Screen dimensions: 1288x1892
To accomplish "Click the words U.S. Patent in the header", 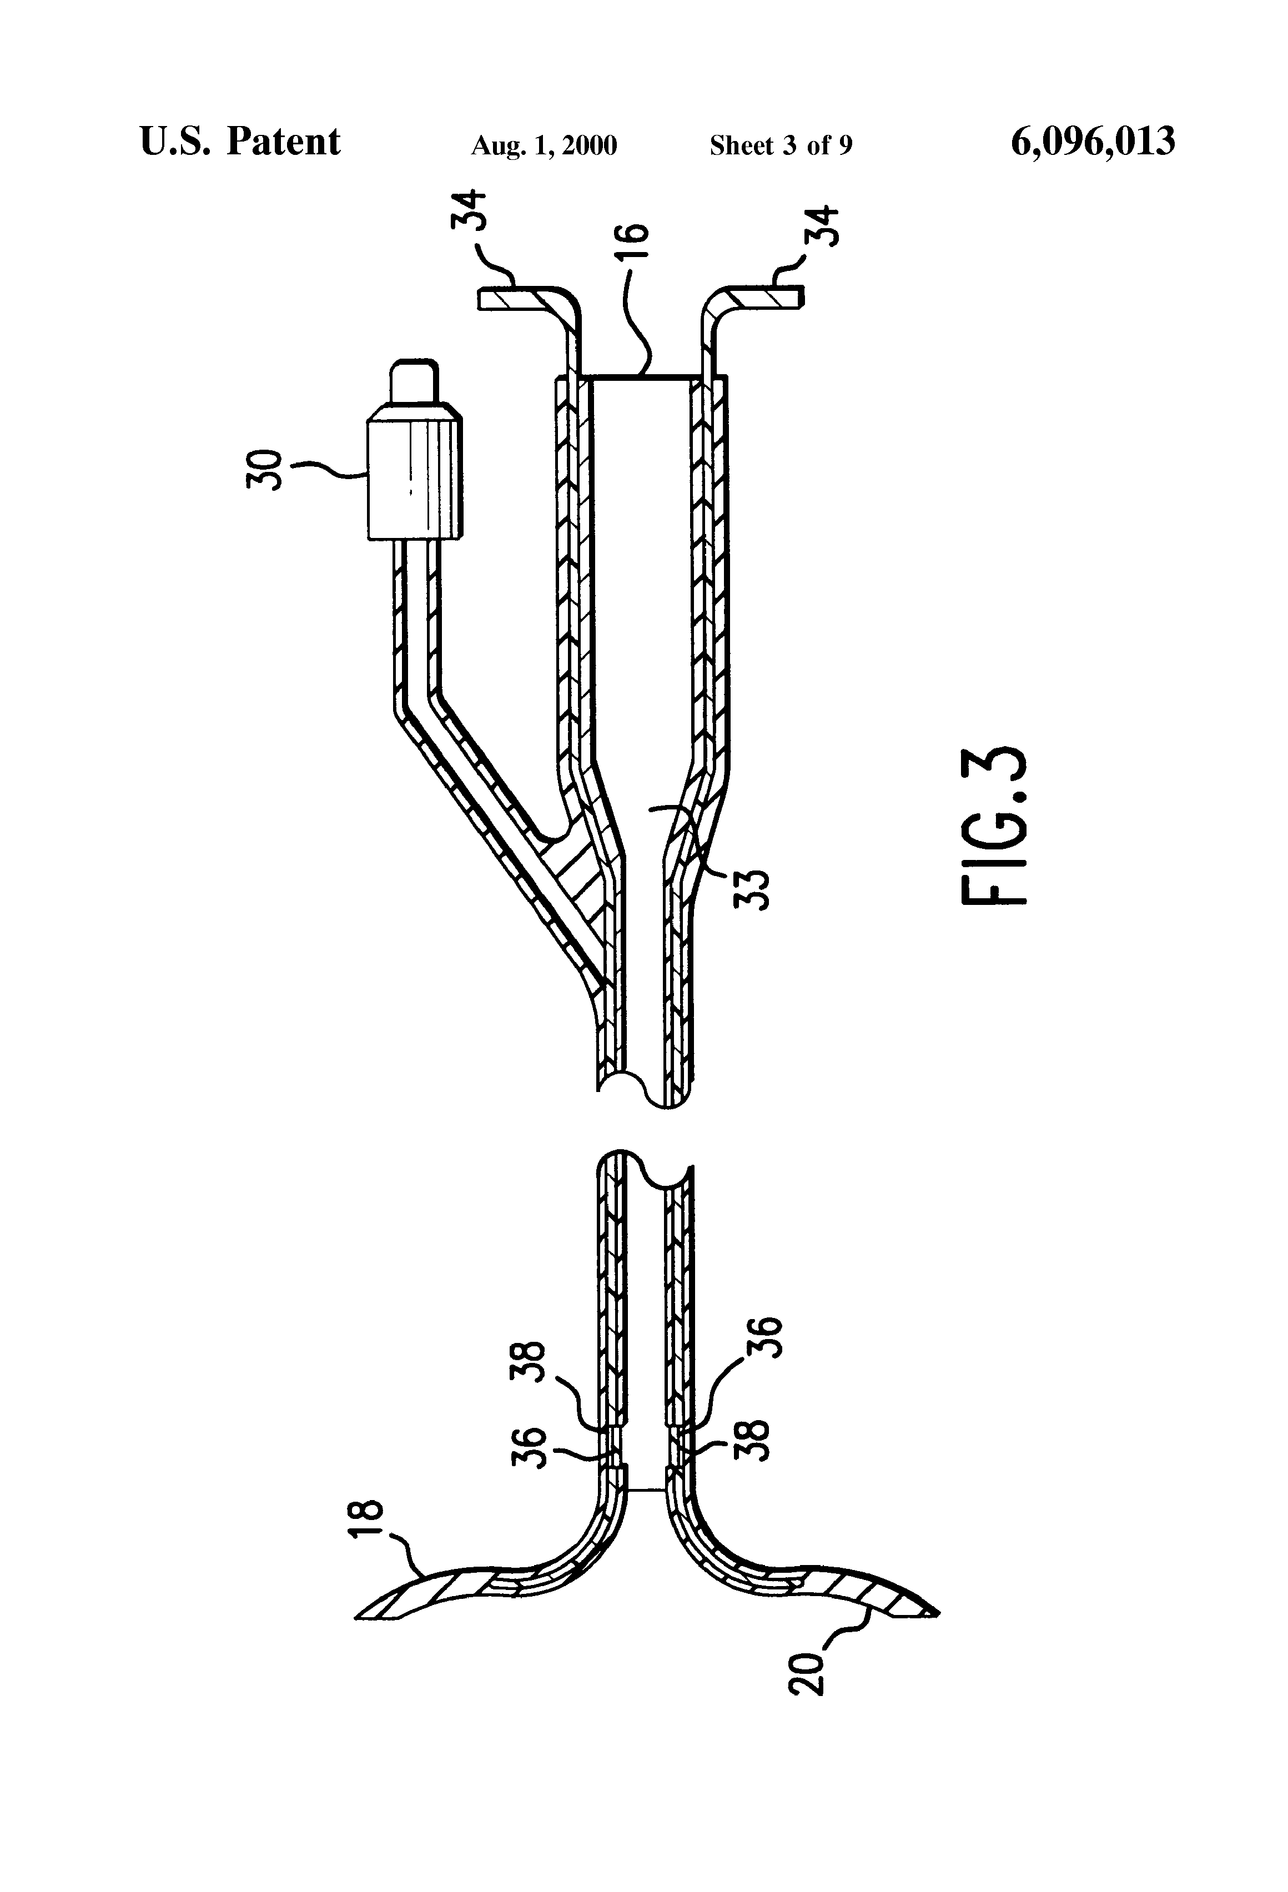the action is tap(240, 142).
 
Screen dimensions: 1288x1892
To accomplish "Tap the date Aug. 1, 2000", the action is tap(544, 145).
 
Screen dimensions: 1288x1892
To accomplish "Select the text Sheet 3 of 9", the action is tap(781, 145).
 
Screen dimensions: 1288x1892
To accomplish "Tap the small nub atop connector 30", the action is tap(414, 380).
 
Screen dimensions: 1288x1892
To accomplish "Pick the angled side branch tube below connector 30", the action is tap(489, 782).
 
